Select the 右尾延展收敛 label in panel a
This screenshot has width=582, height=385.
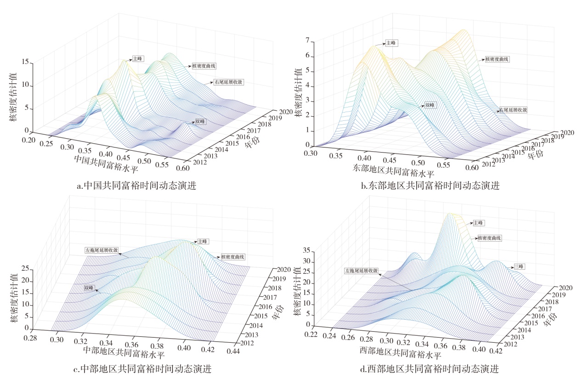[x=228, y=83]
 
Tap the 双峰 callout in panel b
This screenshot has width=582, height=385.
[x=430, y=105]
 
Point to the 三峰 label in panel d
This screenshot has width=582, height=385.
[x=519, y=266]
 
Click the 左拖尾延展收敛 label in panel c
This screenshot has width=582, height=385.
[x=102, y=251]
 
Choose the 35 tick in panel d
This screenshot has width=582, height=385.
[x=307, y=251]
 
